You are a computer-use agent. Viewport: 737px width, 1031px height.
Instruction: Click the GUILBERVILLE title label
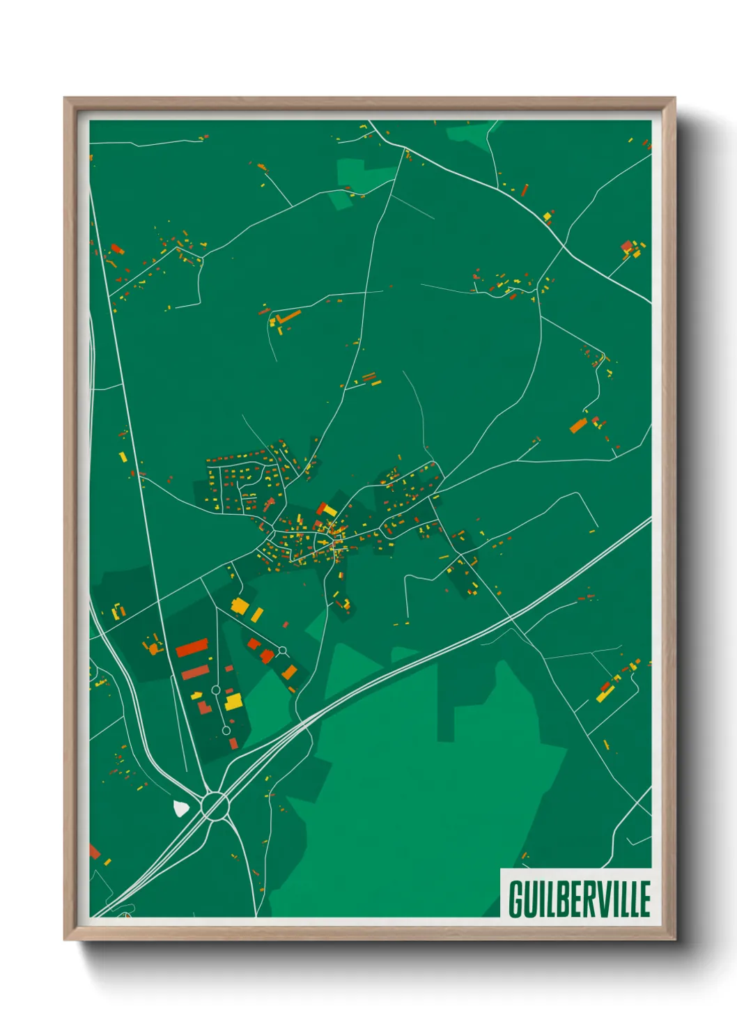579,898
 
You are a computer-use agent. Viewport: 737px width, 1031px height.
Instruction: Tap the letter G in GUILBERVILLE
517,899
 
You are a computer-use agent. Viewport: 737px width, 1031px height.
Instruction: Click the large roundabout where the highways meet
215,806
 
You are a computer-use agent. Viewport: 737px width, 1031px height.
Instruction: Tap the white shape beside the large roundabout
180,808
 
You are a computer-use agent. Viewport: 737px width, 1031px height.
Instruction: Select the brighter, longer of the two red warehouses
192,649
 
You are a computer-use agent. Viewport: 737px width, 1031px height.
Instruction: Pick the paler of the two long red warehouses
195,672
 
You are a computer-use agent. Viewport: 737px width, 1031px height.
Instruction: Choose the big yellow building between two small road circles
233,700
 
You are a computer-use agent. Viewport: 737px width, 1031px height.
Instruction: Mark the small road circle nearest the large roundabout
226,730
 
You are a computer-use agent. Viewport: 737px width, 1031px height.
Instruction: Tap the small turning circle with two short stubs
282,651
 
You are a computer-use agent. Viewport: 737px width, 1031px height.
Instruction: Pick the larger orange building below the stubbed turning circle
289,672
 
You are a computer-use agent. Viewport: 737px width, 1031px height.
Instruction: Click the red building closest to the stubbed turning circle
267,656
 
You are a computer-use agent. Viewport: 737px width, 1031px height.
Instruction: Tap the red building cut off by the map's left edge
94,851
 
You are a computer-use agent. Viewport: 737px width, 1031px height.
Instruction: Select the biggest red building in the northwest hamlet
116,247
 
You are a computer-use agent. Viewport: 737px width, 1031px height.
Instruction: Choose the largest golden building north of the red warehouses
239,605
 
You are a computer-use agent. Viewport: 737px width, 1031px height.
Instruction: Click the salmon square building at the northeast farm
626,246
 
